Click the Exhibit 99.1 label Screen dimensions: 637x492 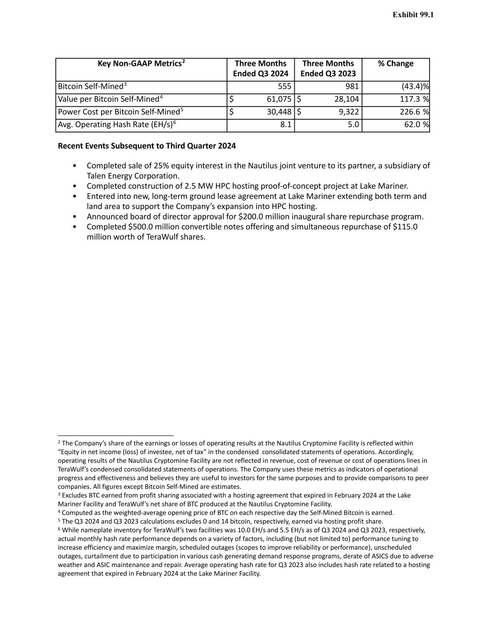tap(413, 15)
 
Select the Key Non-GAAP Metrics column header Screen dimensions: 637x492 tap(141, 63)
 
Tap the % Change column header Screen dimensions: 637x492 tap(395, 63)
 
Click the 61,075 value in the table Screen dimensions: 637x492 tap(279, 99)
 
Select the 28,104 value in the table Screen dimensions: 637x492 tap(346, 99)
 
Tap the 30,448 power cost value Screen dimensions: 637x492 tap(279, 112)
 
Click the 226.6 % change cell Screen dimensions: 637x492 tap(414, 112)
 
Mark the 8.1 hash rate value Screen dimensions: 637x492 tap(286, 125)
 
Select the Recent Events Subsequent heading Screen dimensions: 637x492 tap(146, 146)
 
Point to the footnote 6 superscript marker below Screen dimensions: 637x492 tap(59, 529)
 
